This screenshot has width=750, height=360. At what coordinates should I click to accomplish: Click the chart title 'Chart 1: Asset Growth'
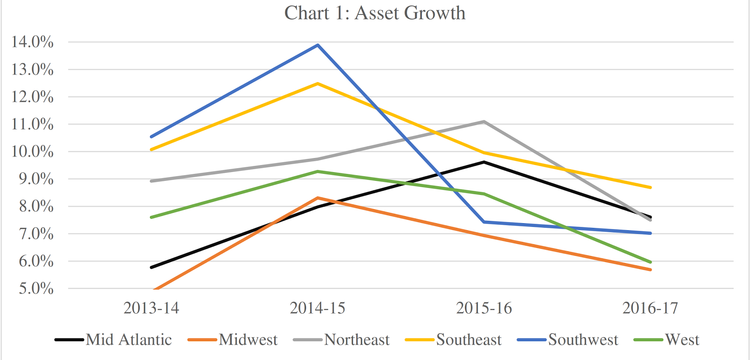coord(375,13)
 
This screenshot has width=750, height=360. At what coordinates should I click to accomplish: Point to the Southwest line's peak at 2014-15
coord(318,45)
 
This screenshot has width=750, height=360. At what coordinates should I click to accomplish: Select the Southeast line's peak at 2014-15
coord(318,83)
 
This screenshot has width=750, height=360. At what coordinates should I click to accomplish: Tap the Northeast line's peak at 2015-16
coord(484,122)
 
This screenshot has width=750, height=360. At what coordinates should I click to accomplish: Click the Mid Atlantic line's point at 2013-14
coord(151,267)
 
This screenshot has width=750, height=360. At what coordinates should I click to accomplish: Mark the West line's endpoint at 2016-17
coord(650,262)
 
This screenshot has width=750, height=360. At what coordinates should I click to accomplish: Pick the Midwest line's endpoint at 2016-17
coord(650,270)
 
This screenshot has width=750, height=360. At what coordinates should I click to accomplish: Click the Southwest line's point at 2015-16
coord(484,222)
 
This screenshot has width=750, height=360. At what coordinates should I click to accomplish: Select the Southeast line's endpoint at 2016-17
coord(650,187)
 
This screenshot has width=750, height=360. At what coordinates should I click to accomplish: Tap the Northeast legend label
coord(357,339)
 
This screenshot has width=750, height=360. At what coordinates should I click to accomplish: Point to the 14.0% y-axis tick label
coord(32,42)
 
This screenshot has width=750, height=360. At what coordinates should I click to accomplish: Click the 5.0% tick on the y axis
coord(36,288)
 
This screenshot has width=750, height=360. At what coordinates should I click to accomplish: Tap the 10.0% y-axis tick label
coord(32,151)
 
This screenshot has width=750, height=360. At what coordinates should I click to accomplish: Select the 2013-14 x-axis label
coord(151,308)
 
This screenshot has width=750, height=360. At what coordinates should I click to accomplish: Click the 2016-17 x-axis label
coord(650,308)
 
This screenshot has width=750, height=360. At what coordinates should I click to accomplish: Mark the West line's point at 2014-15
coord(318,172)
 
